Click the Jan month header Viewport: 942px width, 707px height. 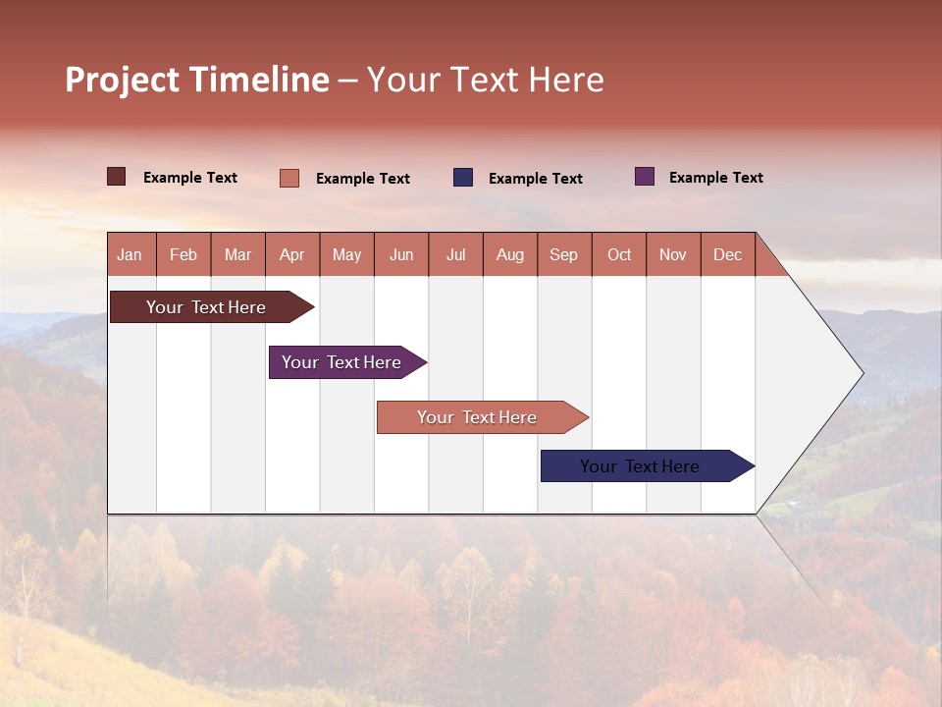[130, 254]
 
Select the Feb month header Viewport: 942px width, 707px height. [183, 254]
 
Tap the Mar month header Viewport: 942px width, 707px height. [237, 254]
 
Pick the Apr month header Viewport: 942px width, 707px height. [292, 254]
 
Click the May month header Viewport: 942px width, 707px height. [346, 254]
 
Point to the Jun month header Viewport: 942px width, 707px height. [401, 254]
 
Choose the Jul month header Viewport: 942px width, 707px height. [455, 254]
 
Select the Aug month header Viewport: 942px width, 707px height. [510, 254]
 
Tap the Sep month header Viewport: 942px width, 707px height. [564, 254]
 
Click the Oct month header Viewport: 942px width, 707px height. [619, 254]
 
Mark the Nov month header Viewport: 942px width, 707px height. [673, 254]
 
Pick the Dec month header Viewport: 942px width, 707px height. [728, 254]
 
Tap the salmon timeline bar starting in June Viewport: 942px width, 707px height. [478, 417]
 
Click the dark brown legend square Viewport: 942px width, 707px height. [117, 177]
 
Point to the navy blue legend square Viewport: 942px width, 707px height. [463, 178]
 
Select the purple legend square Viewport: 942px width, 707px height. [645, 177]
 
